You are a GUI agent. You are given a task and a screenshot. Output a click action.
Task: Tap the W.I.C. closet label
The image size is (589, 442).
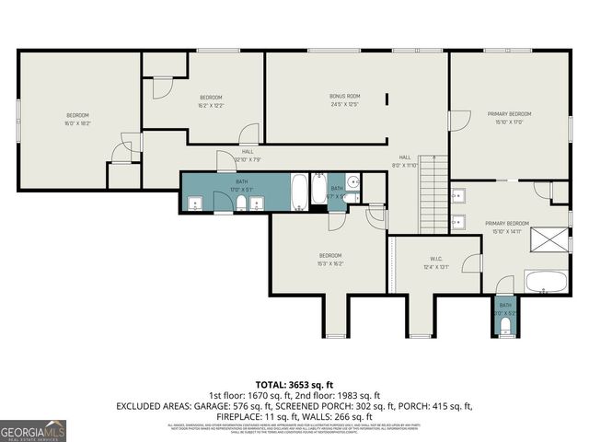(436, 260)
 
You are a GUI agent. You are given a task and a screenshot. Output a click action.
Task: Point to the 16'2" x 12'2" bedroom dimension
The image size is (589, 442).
(211, 104)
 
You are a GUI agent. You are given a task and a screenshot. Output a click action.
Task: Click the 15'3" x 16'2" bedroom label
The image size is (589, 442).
(330, 262)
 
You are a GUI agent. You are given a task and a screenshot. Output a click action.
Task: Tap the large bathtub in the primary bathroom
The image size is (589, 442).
(546, 281)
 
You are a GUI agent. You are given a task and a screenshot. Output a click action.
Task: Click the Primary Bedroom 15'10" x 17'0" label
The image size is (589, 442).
(509, 118)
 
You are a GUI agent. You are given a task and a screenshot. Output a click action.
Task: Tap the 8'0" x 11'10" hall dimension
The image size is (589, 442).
(406, 165)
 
